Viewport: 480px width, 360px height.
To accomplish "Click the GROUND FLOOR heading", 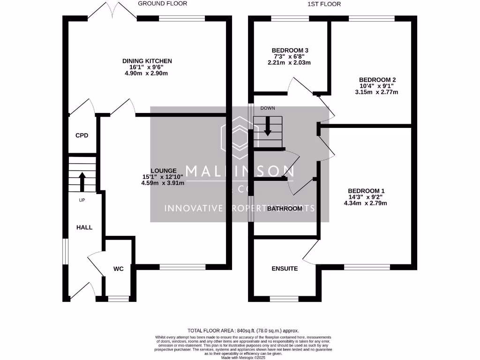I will point(162,4).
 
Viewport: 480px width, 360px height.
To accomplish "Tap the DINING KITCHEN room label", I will point(147,61).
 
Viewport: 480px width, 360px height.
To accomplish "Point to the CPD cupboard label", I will point(82,135).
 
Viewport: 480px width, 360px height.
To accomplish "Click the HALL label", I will point(84,227).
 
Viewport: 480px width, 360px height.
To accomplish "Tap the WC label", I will point(118,269).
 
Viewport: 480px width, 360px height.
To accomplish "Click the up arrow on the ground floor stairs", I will point(82,182).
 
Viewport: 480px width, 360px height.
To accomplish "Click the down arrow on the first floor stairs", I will point(268,126).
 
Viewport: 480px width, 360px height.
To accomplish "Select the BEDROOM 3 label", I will point(290,50).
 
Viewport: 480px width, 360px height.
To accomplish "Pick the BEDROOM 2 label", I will point(377,80).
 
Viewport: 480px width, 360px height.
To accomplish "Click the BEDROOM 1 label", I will point(366,191).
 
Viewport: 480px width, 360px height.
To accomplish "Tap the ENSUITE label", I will point(285,269).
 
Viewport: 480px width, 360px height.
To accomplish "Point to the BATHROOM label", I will point(285,209).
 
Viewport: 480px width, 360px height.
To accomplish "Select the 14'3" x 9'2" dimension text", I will point(366,197).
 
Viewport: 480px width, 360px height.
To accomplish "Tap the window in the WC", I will point(118,298).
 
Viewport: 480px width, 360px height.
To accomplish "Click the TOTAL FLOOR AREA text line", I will point(243,330).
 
